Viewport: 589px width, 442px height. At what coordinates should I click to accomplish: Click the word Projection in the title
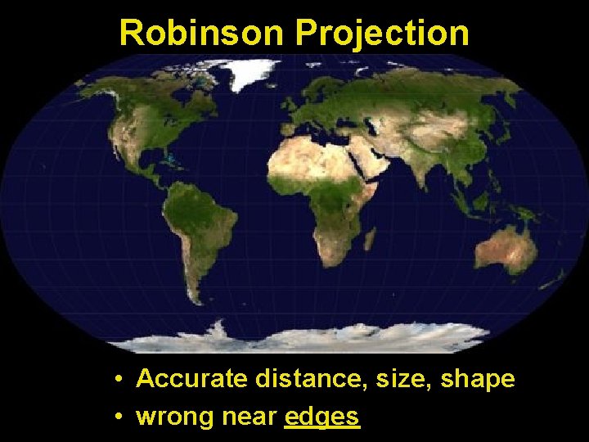tap(382, 33)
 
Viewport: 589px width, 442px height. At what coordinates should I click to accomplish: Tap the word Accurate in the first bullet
tap(192, 379)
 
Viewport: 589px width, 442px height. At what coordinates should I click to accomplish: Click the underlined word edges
tap(322, 417)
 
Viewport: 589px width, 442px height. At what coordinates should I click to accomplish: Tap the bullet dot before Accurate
tap(119, 380)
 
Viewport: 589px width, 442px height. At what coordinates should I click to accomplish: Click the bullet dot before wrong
tap(119, 417)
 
